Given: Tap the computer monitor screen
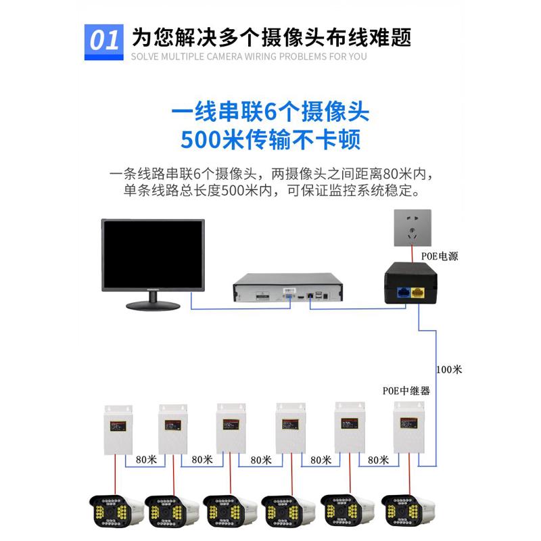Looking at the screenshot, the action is click(x=152, y=254).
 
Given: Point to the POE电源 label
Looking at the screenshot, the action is click(x=440, y=257).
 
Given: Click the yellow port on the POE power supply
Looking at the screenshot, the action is click(x=420, y=293).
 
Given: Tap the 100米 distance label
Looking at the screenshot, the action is click(x=449, y=370).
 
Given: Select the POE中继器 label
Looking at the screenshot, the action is click(x=406, y=391).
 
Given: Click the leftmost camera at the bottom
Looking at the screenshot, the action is click(x=115, y=511).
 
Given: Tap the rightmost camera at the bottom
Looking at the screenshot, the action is click(x=406, y=511).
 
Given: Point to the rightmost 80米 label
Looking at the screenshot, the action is click(x=378, y=459).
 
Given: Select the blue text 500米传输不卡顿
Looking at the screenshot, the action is click(x=270, y=139).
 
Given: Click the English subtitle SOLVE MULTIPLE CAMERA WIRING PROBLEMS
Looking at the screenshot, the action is click(x=249, y=56).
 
